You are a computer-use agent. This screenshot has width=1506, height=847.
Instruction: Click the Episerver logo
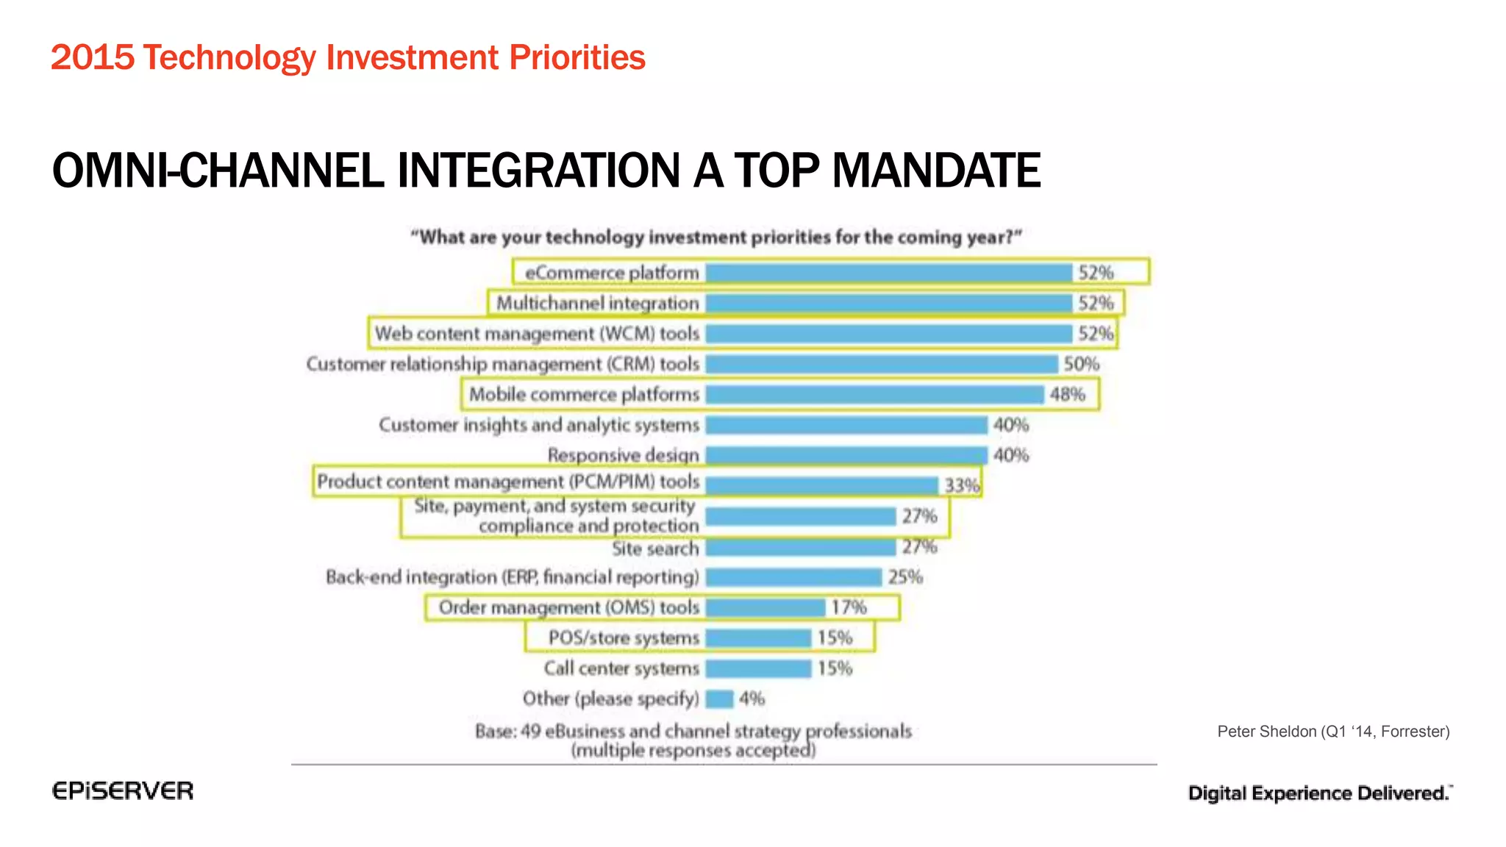tap(123, 791)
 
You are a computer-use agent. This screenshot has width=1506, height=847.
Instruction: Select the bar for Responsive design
tap(846, 455)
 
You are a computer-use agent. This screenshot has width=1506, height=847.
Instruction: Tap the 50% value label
tap(1081, 364)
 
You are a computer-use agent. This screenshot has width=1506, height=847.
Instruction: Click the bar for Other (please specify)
tap(719, 698)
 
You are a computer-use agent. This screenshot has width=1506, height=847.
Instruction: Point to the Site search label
tap(655, 548)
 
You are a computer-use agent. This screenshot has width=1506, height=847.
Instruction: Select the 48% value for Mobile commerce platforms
tap(1067, 394)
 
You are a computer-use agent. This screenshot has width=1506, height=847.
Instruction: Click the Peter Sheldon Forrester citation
tap(1332, 732)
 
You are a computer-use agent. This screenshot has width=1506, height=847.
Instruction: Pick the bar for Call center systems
tap(758, 668)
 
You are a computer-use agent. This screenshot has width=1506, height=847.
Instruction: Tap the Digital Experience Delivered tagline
tap(1319, 793)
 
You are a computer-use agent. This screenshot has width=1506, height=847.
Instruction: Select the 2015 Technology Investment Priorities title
tap(348, 57)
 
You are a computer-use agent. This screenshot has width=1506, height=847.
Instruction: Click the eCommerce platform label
tap(612, 273)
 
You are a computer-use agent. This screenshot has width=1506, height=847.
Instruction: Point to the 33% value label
tap(962, 485)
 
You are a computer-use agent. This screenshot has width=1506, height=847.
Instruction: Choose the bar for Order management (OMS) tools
tap(765, 607)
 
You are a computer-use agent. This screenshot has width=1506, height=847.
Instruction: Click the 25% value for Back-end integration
tap(905, 577)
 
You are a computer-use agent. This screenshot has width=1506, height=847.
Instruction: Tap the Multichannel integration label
tap(597, 303)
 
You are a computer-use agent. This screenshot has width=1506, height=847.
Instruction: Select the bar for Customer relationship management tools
tap(881, 364)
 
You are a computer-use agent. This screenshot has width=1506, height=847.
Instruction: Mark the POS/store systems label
tap(624, 637)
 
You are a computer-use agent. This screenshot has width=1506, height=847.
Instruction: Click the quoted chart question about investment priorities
tap(715, 237)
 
